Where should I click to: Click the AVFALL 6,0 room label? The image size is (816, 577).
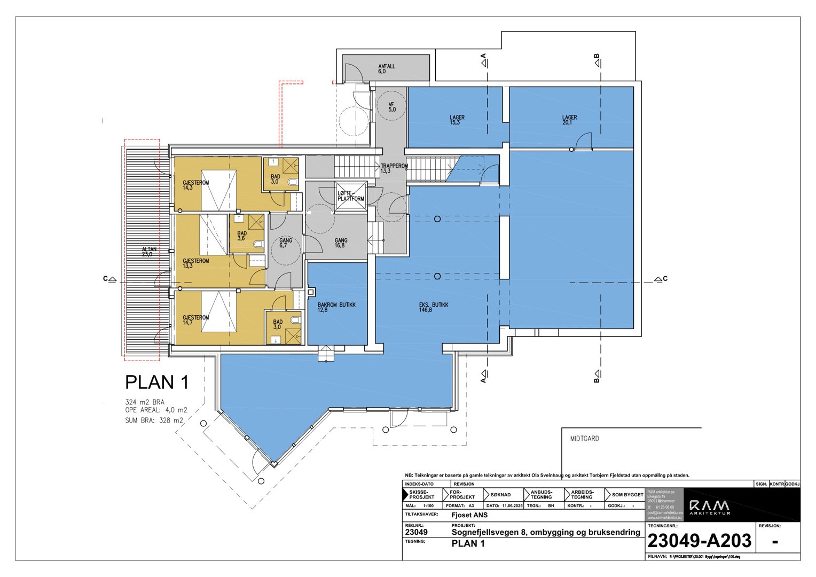[x=386, y=69]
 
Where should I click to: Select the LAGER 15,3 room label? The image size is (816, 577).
[x=457, y=120]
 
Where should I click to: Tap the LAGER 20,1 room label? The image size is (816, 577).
[x=569, y=120]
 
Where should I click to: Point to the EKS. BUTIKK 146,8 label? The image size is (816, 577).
[x=433, y=307]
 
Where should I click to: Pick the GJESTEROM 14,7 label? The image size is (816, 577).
[x=195, y=320]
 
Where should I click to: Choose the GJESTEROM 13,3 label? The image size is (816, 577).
[x=195, y=263]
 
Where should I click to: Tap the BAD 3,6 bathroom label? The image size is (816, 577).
[x=242, y=236]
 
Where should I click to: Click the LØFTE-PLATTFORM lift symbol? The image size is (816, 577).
[x=351, y=196]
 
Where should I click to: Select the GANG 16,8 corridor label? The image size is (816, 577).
[x=341, y=243]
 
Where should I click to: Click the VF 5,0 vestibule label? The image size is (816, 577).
[x=391, y=107]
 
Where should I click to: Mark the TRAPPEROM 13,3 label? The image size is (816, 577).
[x=394, y=168]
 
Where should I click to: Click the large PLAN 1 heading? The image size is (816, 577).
[x=156, y=383]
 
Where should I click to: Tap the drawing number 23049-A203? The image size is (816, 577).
[x=699, y=541]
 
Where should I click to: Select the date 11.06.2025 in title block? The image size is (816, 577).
[x=512, y=505]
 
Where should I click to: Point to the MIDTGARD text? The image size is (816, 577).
[x=584, y=439]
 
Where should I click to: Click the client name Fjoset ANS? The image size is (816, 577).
[x=469, y=515]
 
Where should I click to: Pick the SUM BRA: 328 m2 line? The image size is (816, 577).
[x=154, y=420]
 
